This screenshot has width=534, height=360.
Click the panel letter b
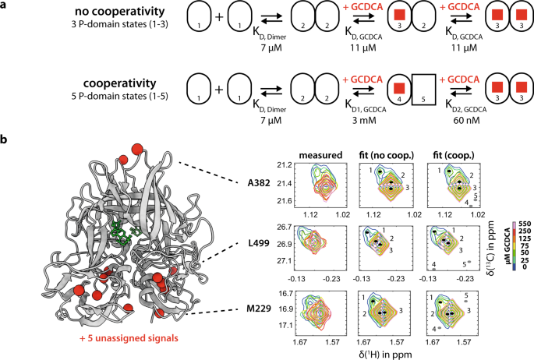click(6, 142)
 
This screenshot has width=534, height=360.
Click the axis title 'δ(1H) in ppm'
click(378, 352)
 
